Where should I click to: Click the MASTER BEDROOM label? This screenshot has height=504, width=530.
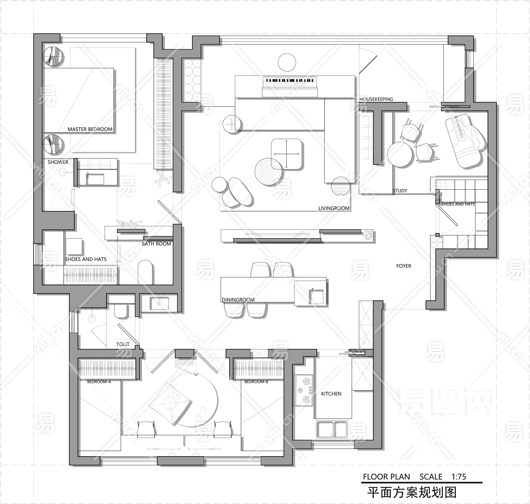90,129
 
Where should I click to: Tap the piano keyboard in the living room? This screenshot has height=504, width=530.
290,80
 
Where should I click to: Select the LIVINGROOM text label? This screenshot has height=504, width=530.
334,208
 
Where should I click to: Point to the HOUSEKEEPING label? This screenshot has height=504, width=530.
376,99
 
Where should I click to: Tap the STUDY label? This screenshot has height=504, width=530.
400,191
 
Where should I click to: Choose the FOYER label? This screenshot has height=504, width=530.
404,266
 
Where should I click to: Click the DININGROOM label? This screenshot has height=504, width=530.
238,300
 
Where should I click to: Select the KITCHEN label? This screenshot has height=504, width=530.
331,394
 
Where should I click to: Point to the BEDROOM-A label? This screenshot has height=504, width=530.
99,382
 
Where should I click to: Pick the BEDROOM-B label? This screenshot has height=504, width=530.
256,382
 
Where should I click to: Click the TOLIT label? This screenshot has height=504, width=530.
123,345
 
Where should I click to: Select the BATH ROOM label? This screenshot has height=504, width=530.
156,244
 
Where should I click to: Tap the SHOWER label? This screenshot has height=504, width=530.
58,162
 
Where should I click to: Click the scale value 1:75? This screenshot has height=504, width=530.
459,477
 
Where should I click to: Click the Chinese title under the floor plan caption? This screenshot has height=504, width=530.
412,492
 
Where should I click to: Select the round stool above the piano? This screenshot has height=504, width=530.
287,62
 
